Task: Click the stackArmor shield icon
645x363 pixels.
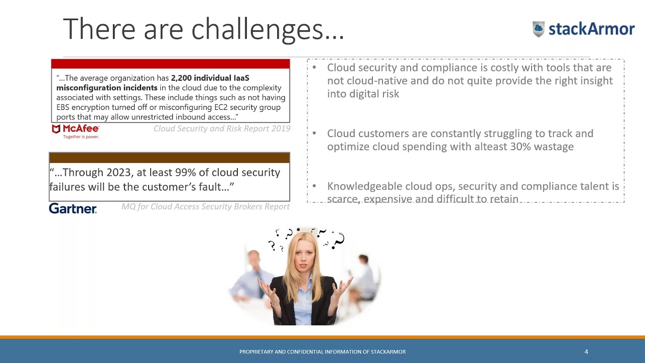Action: pos(539,29)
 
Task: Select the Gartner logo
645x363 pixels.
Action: pos(73,208)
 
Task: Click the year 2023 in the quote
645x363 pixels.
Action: pos(118,172)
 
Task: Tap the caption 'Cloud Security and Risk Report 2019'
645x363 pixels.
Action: pos(222,129)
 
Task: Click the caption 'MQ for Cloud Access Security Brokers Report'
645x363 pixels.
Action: pos(206,207)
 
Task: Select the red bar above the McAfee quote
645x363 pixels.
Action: pos(170,64)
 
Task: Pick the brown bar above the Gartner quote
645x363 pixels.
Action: pos(169,158)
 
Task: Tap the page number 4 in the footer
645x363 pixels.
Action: pos(586,352)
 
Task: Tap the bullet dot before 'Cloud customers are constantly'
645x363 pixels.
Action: pos(314,134)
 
